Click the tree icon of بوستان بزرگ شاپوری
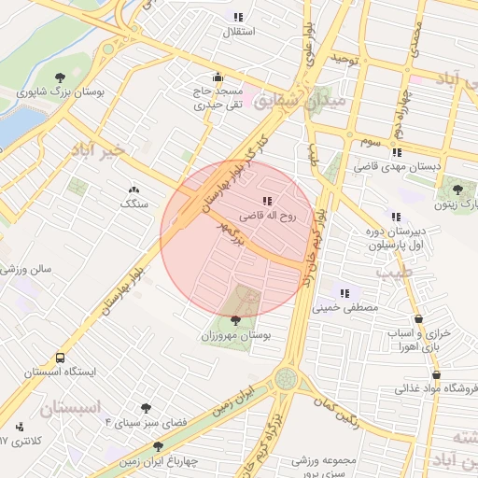click(x=61, y=77)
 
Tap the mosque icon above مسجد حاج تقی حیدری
click(x=218, y=77)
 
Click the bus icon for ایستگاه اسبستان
click(x=61, y=357)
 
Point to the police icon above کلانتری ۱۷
click(x=21, y=427)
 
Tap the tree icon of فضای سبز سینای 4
click(x=146, y=408)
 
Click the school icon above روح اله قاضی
click(x=267, y=200)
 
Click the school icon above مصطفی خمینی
click(x=345, y=291)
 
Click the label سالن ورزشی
click(x=26, y=269)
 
